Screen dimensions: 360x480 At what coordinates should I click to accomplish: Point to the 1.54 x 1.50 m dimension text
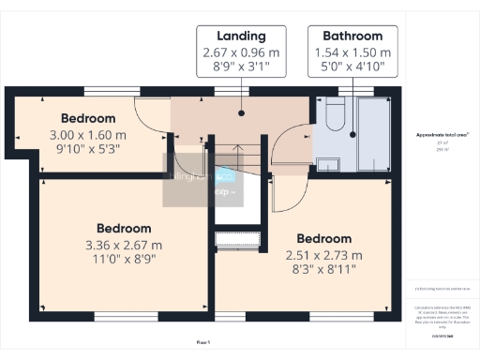(x=351, y=53)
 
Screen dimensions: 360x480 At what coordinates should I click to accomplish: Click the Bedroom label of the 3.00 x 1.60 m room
(x=88, y=119)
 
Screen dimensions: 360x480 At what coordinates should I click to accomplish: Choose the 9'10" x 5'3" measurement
(x=88, y=149)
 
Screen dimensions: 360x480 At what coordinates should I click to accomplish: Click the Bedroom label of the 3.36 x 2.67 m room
(x=124, y=229)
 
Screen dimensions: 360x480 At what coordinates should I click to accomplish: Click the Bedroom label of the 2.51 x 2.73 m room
(x=323, y=239)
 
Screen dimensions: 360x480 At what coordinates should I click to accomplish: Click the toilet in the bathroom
(x=335, y=117)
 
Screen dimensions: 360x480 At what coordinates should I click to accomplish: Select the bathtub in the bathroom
(x=373, y=134)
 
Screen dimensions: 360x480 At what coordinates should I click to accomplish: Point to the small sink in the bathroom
(x=328, y=165)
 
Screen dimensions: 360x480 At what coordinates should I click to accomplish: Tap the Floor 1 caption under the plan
(x=202, y=342)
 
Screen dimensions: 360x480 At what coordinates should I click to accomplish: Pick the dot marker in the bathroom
(x=354, y=135)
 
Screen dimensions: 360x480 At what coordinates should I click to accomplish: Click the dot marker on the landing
(x=242, y=112)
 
